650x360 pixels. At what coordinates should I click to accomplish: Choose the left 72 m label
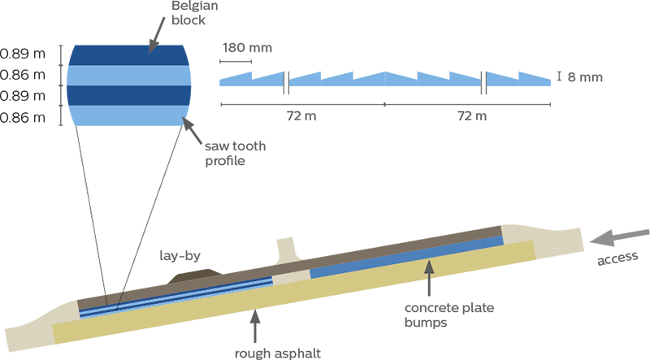(x=301, y=115)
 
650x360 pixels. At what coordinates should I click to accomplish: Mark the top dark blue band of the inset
(x=130, y=54)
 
